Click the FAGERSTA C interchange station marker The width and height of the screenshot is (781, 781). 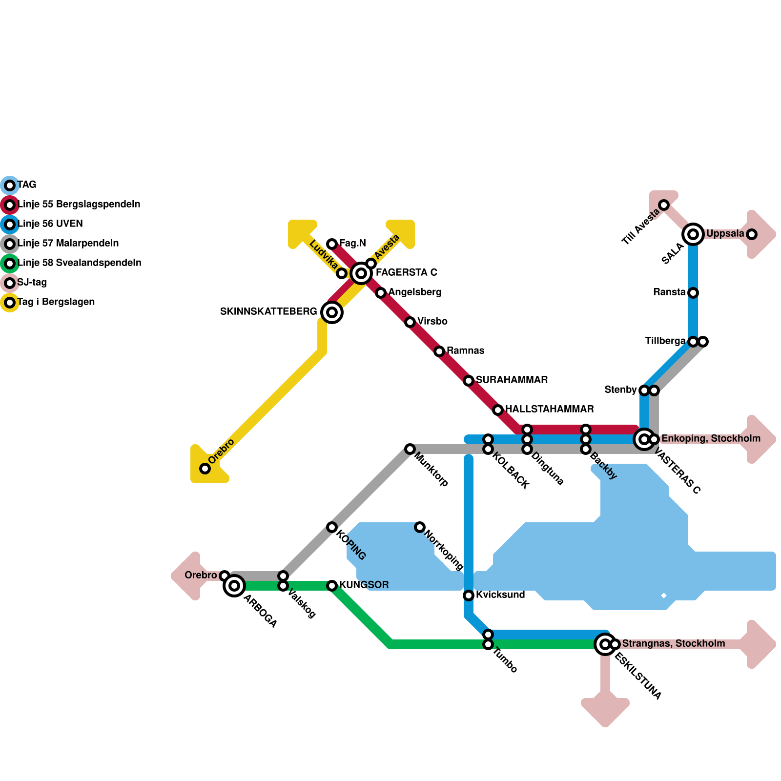[361, 273]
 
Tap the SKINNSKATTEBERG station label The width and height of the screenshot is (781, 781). [268, 312]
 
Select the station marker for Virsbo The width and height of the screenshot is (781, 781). [410, 322]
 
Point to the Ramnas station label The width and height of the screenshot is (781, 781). [465, 351]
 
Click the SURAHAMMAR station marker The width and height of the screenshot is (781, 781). [469, 381]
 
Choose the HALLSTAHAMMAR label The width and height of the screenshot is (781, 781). [549, 410]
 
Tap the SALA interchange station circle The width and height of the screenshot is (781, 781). [693, 234]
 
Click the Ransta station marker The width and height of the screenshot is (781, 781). [693, 293]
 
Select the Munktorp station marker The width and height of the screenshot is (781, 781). [410, 449]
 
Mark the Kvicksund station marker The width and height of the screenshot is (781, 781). [469, 596]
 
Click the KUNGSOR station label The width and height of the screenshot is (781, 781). [364, 585]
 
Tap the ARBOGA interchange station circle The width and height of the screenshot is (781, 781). [234, 586]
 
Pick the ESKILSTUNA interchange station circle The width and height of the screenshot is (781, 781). [605, 644]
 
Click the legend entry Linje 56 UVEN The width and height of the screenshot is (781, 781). [50, 224]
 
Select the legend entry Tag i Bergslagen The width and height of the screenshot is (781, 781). [56, 302]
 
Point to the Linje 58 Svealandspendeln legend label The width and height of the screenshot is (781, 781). [79, 263]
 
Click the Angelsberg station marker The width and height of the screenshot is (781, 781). [381, 293]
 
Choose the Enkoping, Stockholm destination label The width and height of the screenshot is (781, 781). [710, 439]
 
